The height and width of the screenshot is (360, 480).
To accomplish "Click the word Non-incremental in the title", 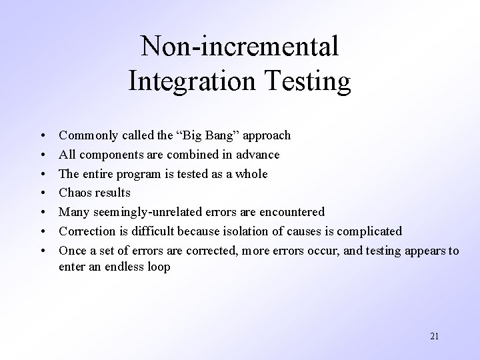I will (240, 47).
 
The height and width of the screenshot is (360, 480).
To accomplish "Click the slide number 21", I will (435, 336).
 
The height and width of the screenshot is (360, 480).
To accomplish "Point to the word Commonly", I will (86, 136).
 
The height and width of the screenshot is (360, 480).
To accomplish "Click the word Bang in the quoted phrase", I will (220, 136).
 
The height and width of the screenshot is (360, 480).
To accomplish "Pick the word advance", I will (258, 155).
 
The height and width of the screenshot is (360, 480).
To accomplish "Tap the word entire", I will (99, 174).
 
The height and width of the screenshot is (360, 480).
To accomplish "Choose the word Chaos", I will (76, 193).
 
